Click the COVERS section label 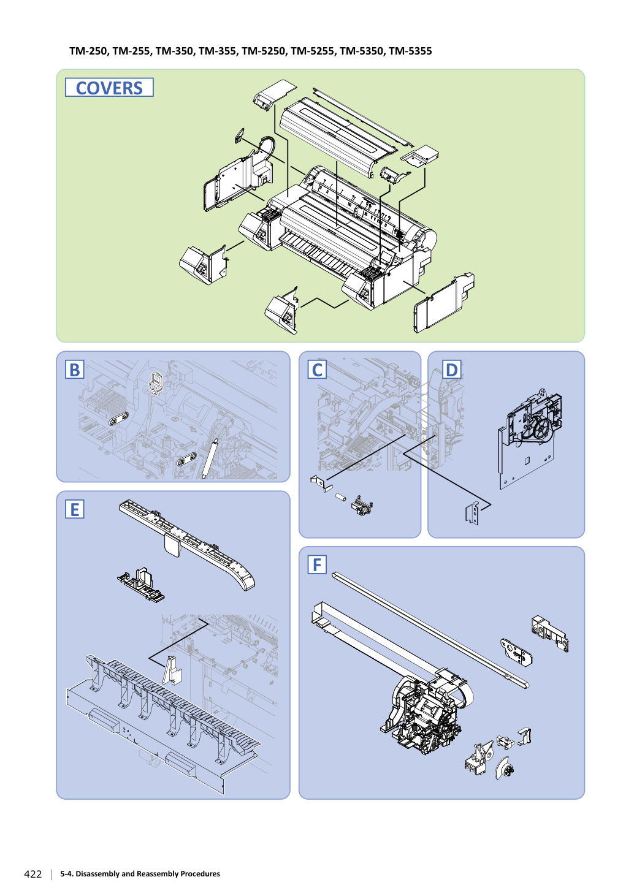point(109,88)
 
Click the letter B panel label point(74,369)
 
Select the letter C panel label point(317,369)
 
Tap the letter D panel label point(451,369)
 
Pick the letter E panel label point(74,509)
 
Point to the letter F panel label point(317,564)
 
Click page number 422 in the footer point(33,874)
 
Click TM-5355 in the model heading point(410,51)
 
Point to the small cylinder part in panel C point(340,498)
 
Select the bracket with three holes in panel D point(472,514)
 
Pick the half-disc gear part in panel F point(504,769)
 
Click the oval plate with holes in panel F point(517,653)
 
